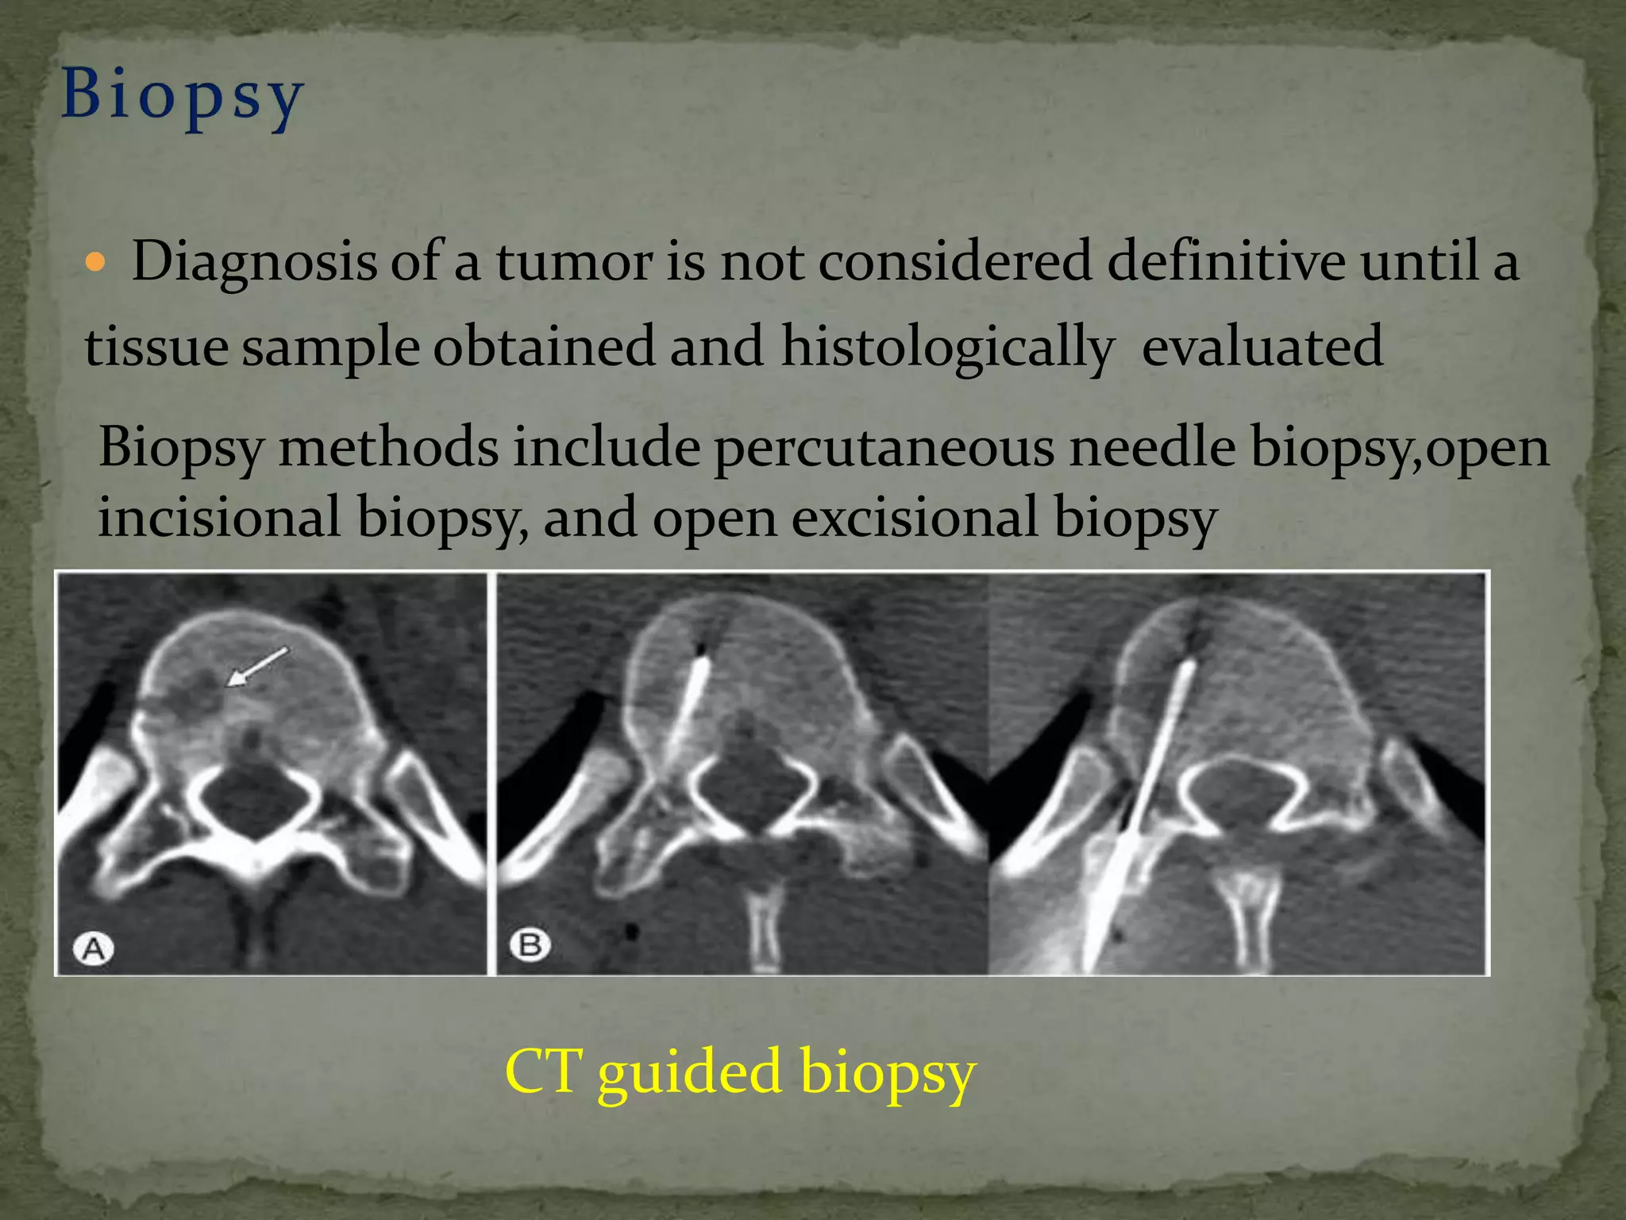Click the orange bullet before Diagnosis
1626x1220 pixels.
click(94, 263)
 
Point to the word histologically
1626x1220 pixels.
click(947, 348)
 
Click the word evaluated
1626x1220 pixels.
click(1262, 347)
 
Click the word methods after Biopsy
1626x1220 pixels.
click(388, 447)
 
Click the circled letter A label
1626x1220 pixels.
click(94, 948)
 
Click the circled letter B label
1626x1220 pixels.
click(530, 945)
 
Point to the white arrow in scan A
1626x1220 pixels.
click(258, 665)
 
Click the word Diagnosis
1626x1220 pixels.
click(254, 262)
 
